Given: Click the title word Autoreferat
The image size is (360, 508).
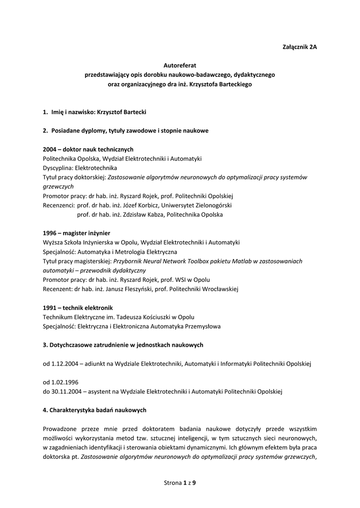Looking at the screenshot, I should (180, 65).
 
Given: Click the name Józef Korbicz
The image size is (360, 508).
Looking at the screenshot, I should (138, 205).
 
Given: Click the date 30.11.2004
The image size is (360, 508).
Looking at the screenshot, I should (66, 391).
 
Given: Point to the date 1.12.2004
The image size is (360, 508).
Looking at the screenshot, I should (65, 363).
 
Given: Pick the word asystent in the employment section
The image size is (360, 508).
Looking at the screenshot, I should (101, 391).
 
